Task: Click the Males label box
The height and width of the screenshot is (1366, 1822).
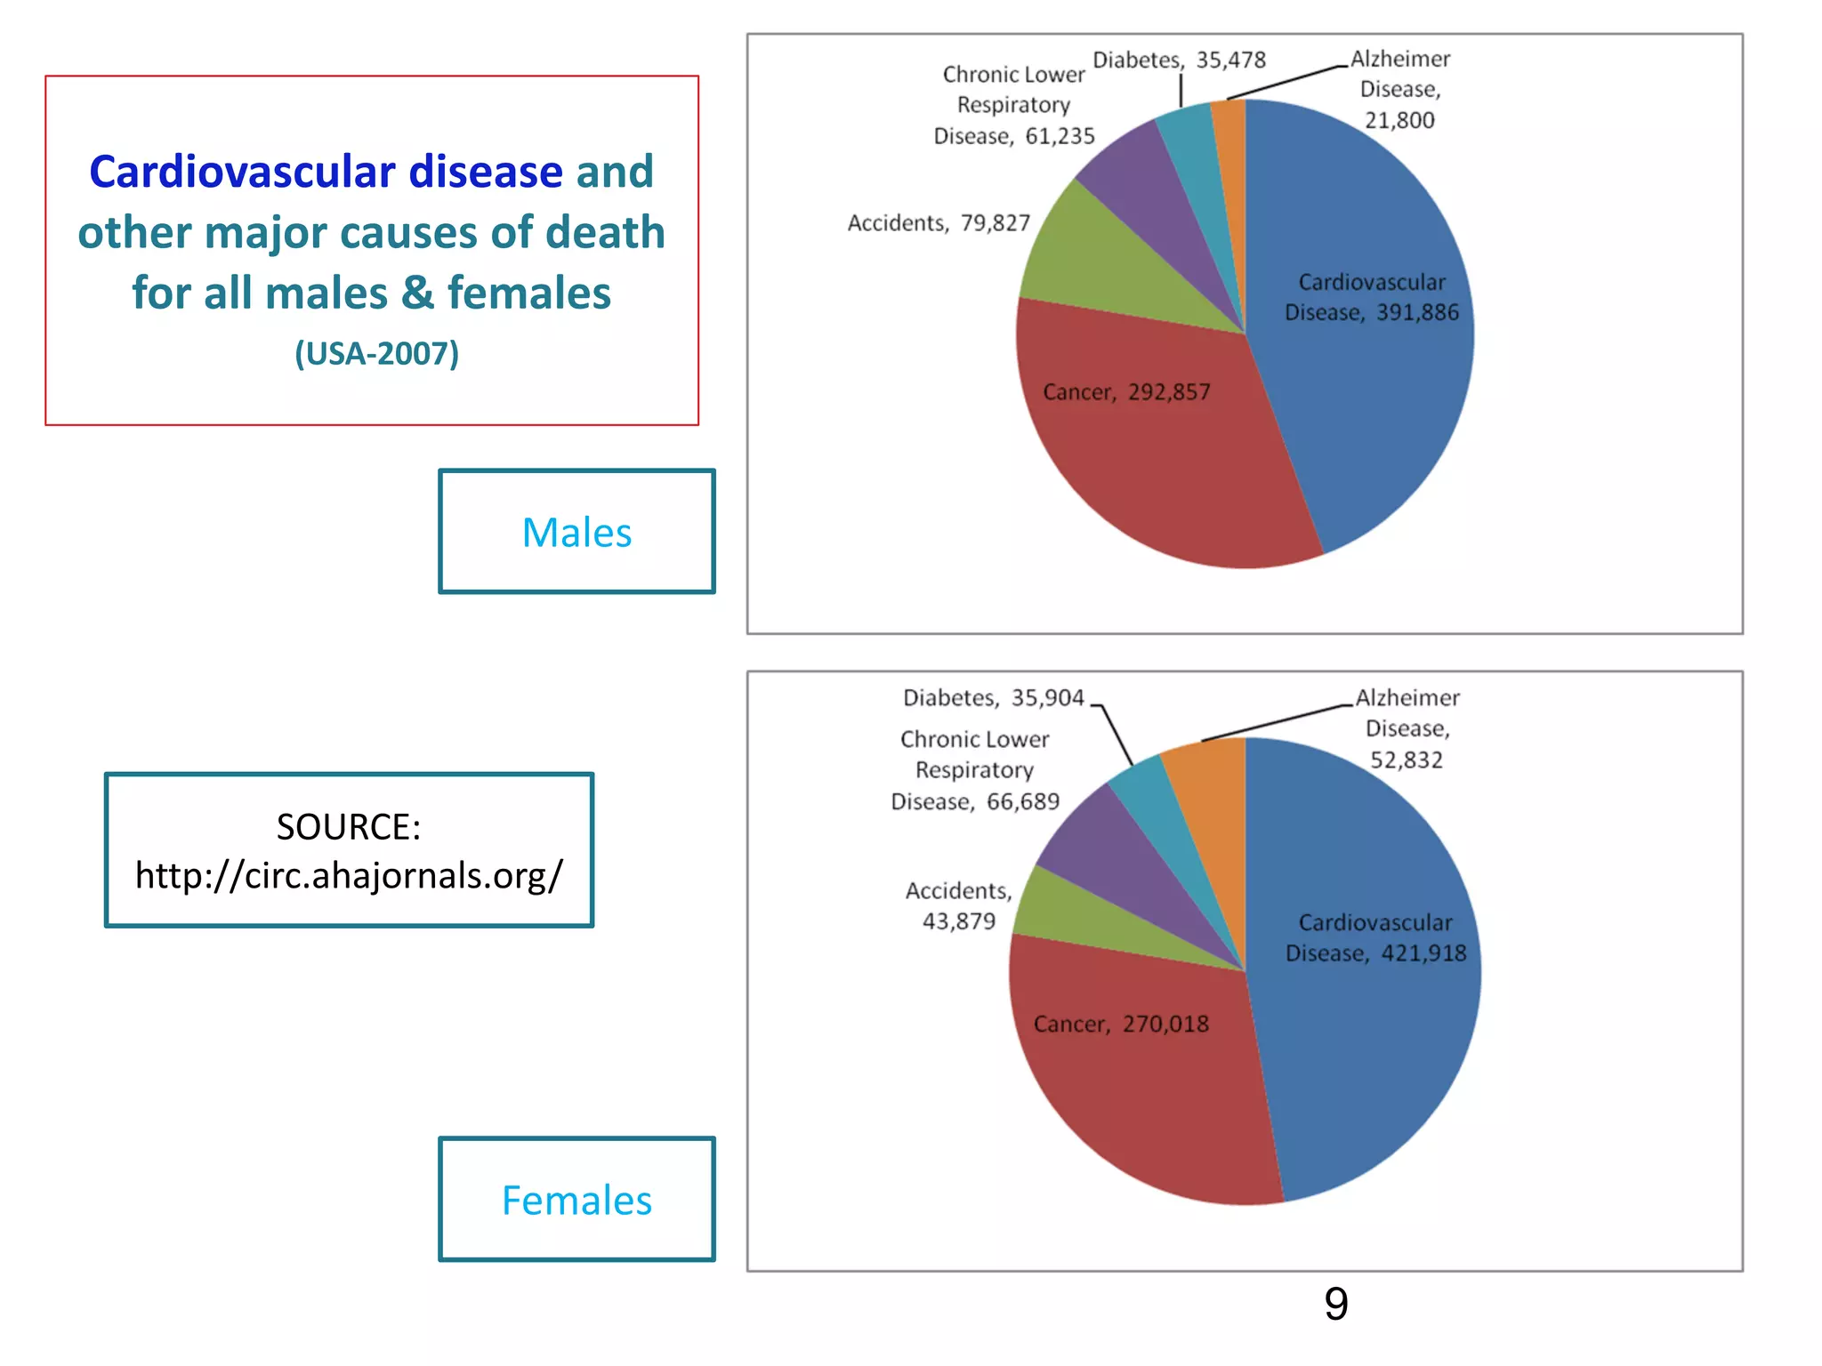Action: [x=576, y=532]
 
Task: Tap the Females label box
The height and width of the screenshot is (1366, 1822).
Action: [x=576, y=1200]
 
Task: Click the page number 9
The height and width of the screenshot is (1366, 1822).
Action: [x=1335, y=1304]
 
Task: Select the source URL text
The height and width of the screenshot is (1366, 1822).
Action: [x=349, y=875]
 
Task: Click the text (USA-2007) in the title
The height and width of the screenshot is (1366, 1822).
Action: [x=376, y=353]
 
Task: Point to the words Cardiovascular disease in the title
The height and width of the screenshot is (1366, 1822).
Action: [x=327, y=172]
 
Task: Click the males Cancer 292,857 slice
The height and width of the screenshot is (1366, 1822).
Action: [x=1157, y=445]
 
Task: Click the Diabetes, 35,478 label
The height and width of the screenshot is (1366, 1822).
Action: [x=1179, y=60]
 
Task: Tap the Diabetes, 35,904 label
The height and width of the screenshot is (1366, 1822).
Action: [x=993, y=697]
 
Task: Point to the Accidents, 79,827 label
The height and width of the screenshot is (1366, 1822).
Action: [x=939, y=222]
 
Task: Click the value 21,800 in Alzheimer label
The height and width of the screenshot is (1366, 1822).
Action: [x=1399, y=120]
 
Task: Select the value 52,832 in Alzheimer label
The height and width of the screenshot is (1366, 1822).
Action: [x=1406, y=759]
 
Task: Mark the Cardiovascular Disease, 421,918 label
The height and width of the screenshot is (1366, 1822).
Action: [x=1375, y=937]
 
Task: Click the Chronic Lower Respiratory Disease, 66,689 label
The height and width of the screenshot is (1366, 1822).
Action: [x=975, y=770]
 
